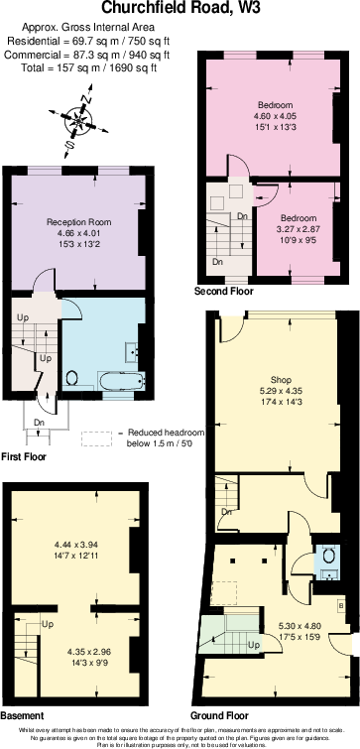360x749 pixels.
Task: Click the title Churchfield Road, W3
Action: coord(180,8)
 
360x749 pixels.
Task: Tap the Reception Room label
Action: coord(79,221)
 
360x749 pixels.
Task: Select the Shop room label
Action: coord(282,378)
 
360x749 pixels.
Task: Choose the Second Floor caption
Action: coord(224,291)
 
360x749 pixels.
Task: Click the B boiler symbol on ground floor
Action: coord(341,604)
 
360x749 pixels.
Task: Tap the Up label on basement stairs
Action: coord(47,625)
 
